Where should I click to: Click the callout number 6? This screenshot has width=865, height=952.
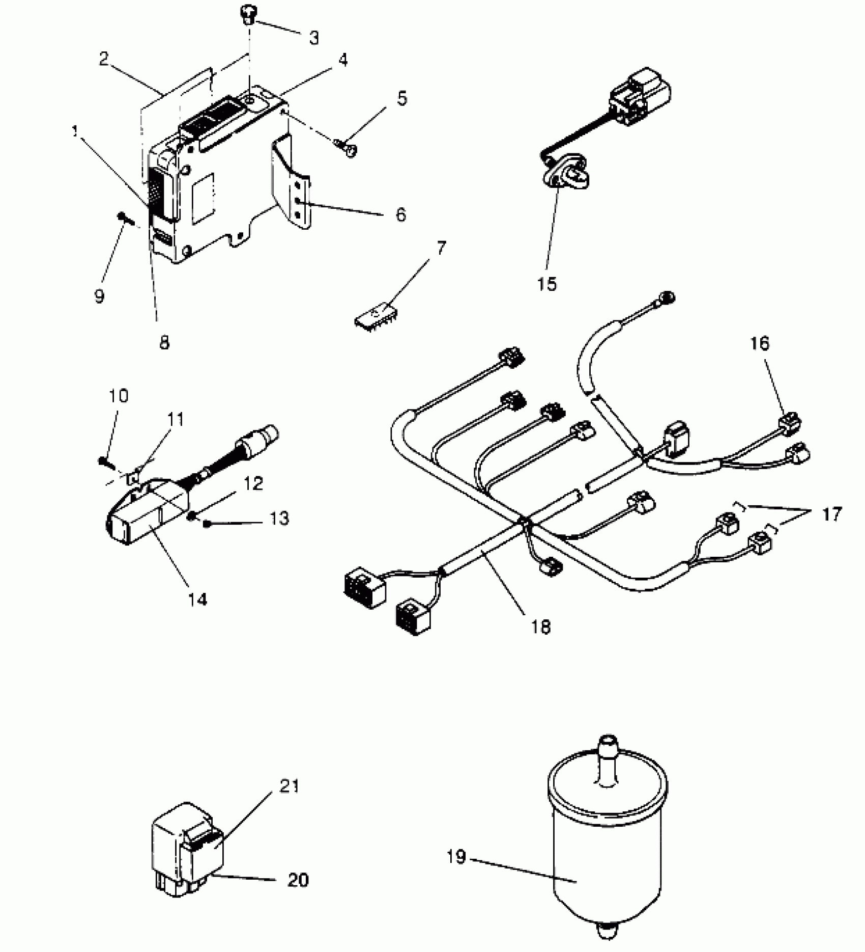tap(400, 214)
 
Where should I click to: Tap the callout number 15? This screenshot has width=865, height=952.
tap(547, 284)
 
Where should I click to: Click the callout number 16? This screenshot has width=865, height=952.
tap(759, 344)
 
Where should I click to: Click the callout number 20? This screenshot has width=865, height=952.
tap(298, 880)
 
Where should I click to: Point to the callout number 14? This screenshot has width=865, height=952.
tap(197, 600)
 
